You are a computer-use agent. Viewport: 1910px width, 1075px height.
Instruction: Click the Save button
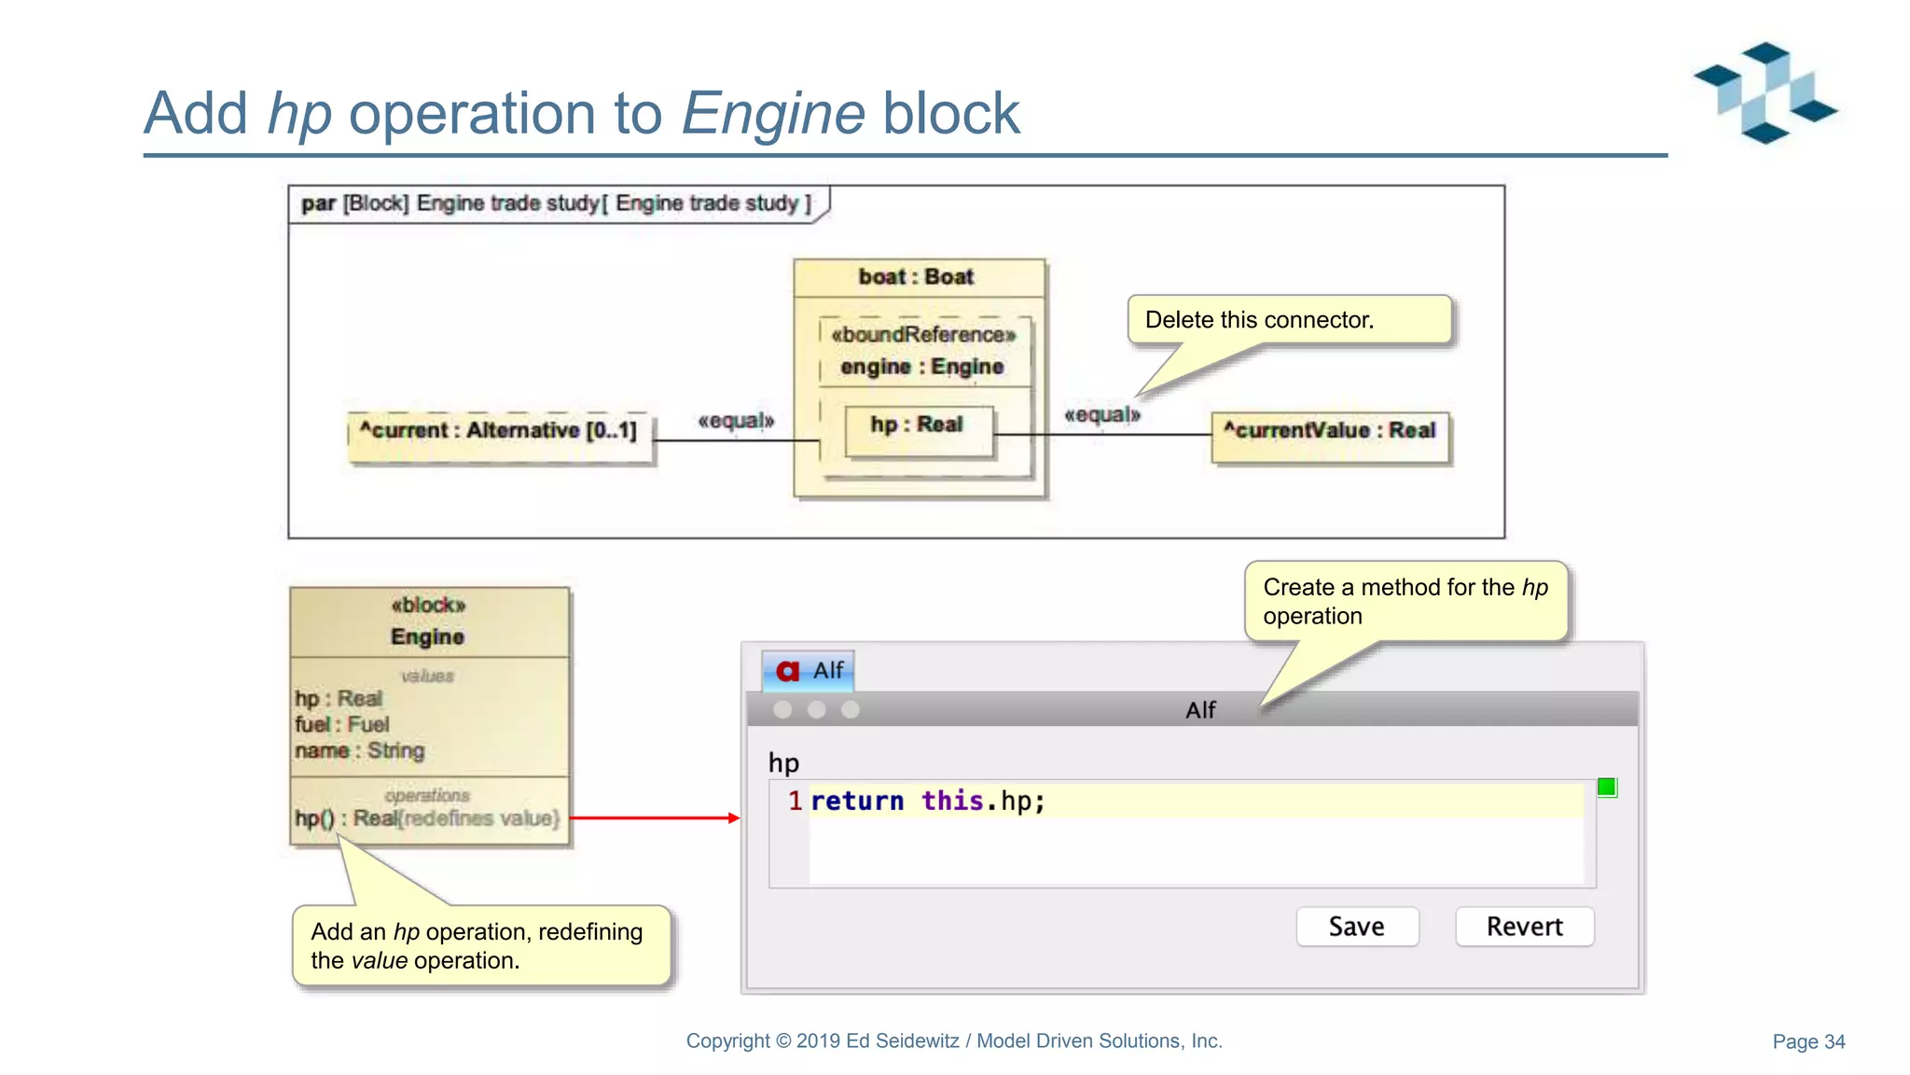1357,927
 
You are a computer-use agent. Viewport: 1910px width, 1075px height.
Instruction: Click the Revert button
1524,927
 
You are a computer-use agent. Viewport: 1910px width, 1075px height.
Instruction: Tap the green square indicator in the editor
1606,788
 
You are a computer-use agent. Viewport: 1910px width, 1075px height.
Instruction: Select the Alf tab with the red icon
809,670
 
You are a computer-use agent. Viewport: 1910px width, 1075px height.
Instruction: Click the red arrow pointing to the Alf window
653,817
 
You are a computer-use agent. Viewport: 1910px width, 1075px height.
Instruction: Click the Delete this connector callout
1289,320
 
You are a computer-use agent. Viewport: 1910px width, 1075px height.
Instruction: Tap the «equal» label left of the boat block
736,421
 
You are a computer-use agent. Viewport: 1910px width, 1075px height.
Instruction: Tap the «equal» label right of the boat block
1101,414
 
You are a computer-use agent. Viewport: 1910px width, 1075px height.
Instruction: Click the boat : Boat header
918,277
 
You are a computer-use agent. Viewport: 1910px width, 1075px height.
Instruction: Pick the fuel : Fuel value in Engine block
342,724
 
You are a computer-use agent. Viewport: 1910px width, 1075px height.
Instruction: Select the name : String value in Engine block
360,750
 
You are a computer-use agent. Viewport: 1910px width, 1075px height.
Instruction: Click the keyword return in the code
857,801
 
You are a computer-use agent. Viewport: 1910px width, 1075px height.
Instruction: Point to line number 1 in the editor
795,801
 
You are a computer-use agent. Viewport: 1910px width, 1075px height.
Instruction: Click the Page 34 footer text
1808,1041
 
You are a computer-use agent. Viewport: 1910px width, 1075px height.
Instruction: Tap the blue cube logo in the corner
1765,92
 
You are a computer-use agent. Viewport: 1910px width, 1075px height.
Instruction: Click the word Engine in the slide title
773,114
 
